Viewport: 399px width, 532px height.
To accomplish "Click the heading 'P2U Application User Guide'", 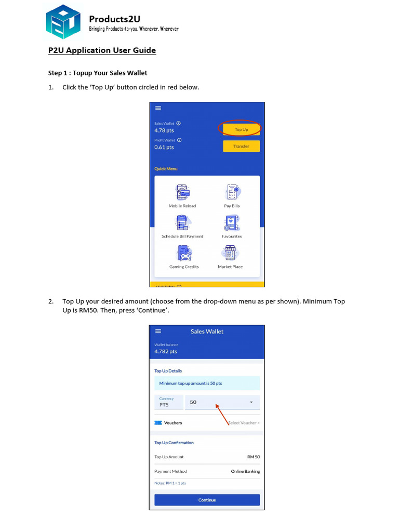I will [102, 50].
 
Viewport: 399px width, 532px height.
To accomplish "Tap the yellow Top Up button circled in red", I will [241, 129].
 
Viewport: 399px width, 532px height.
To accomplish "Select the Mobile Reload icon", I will [182, 193].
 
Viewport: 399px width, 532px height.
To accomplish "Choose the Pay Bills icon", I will [232, 193].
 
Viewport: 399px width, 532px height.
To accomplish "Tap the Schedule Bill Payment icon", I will [182, 223].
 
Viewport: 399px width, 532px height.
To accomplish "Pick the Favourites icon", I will [232, 223].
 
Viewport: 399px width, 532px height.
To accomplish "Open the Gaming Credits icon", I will [183, 253].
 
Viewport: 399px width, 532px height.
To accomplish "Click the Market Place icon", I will [230, 253].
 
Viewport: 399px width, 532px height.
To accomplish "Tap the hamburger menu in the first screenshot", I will [158, 108].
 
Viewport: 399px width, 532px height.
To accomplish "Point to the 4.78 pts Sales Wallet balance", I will [164, 130].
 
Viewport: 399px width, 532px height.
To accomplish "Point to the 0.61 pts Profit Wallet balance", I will [164, 148].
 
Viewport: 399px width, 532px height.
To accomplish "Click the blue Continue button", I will [207, 500].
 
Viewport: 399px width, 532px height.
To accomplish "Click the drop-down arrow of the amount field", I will [251, 403].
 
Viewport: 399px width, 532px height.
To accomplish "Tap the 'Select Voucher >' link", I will [244, 423].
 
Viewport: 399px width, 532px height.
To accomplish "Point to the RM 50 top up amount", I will [253, 457].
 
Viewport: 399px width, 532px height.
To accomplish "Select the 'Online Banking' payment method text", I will [245, 471].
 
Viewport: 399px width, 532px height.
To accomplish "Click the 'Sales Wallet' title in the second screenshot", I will [207, 331].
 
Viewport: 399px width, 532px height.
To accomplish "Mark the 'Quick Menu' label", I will [166, 169].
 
